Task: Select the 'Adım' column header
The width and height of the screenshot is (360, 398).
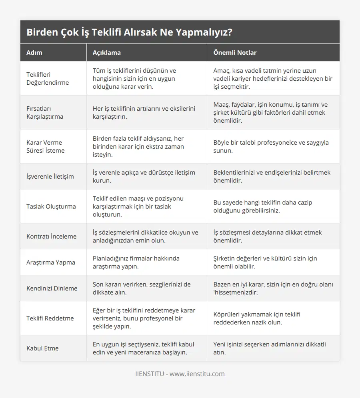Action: click(34, 52)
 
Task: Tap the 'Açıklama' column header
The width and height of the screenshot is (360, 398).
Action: click(106, 52)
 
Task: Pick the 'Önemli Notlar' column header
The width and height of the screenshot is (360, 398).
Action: click(235, 52)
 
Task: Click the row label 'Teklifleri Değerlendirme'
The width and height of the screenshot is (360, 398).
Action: click(48, 78)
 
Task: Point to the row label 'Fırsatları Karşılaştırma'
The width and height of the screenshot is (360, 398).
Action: click(45, 112)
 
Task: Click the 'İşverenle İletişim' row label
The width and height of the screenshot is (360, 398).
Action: click(50, 176)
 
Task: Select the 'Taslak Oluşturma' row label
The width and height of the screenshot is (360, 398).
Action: click(51, 206)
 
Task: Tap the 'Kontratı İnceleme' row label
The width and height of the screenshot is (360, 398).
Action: click(51, 236)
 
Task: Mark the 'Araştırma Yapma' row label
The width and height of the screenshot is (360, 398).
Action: click(50, 262)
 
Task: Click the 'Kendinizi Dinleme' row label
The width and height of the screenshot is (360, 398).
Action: click(52, 288)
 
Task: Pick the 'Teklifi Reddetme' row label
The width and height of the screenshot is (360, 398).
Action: click(50, 318)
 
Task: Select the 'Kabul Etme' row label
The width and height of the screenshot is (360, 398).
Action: click(42, 348)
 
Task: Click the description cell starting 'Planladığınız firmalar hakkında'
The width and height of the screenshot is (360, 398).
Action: click(136, 262)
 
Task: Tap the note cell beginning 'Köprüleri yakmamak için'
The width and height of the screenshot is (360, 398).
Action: click(257, 318)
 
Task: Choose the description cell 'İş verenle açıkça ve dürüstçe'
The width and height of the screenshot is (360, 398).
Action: click(144, 176)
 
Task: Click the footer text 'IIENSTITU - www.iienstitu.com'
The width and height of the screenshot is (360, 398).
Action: click(180, 374)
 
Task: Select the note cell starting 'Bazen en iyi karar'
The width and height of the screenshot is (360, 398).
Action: click(273, 288)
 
